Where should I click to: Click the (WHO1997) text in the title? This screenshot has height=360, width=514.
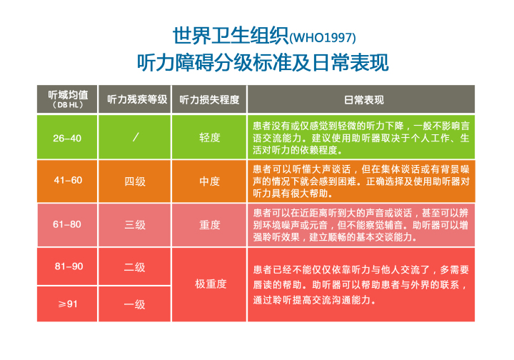323,38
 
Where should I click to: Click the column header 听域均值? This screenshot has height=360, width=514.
68,95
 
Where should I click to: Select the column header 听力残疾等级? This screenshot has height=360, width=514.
137,99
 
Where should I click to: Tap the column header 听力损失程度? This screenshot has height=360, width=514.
209,99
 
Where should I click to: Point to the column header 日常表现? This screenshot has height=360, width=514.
364,100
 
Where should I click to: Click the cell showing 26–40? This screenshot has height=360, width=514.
67,138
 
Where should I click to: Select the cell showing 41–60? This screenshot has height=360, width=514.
68,180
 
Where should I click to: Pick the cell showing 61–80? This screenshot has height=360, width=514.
67,224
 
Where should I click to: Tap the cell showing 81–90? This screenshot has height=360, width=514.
69,266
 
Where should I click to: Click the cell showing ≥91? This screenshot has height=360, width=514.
68,304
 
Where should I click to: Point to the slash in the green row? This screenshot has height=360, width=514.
136,137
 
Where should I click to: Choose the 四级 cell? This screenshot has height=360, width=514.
135,181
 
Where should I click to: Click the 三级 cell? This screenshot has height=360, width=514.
135,225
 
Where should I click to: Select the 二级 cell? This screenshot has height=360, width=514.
134,267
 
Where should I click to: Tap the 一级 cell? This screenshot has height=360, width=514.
134,304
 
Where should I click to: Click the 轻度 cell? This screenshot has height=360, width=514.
209,137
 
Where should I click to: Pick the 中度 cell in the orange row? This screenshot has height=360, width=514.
209,181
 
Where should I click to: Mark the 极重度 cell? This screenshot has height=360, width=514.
211,284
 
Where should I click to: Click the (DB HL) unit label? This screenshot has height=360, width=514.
68,105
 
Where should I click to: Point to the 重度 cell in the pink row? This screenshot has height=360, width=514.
209,225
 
